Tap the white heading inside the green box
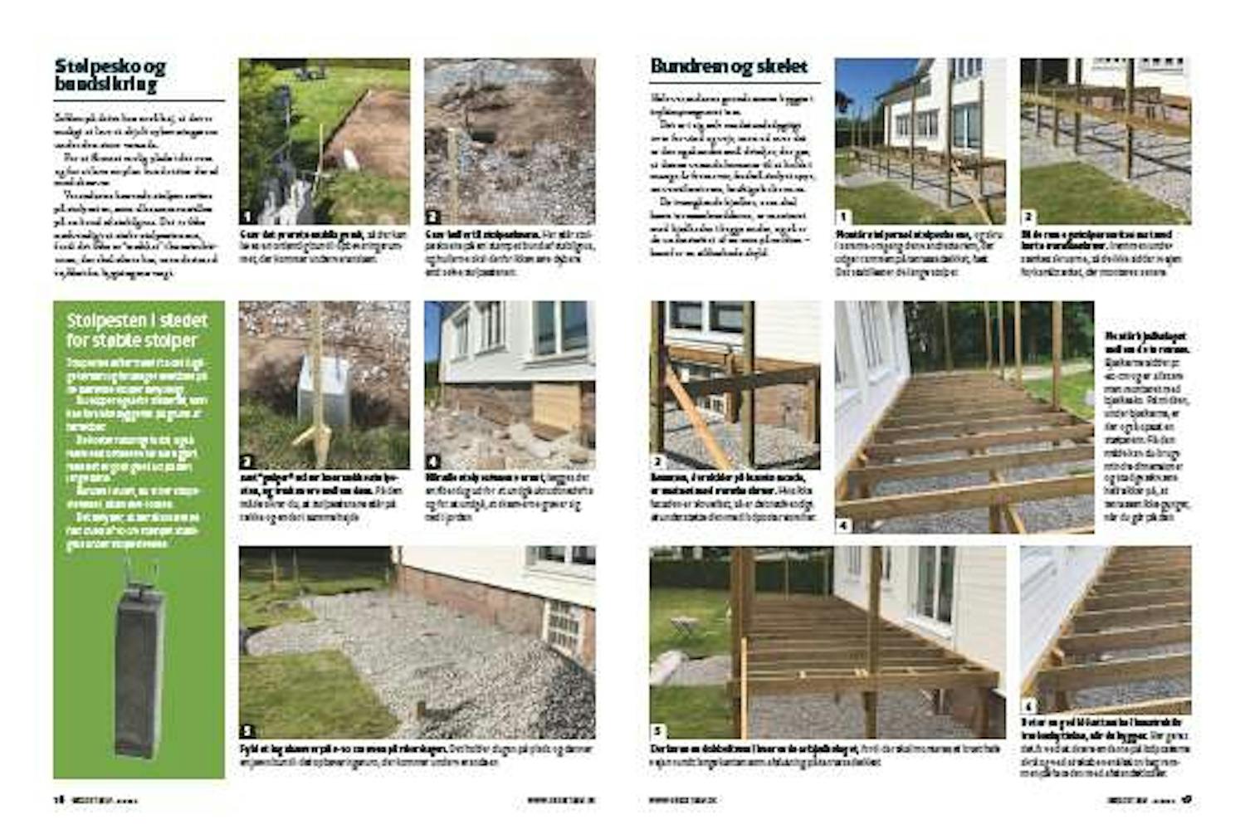tap(137, 330)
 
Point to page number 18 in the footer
tap(59, 799)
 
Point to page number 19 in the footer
tap(1186, 799)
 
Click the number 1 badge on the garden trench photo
tap(247, 217)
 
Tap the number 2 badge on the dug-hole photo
tap(432, 217)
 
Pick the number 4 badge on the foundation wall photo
tap(432, 461)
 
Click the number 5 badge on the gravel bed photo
tap(247, 730)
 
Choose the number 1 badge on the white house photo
tap(842, 217)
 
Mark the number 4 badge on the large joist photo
tap(843, 525)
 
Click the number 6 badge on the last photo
tap(1028, 706)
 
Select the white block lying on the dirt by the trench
tap(351, 159)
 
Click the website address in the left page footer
tap(561, 800)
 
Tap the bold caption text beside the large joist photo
tap(1134, 342)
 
